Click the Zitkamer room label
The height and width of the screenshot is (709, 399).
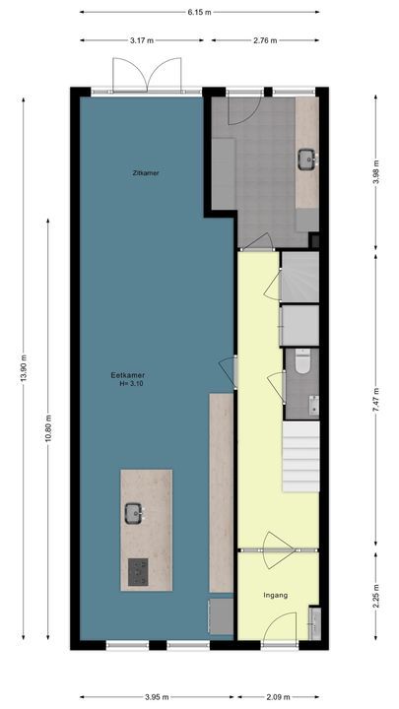(x=146, y=172)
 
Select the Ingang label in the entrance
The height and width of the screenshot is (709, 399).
(x=275, y=596)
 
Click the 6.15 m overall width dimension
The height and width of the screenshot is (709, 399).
(x=201, y=13)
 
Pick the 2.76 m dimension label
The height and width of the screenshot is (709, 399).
(x=266, y=40)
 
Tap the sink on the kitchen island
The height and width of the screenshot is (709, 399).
(x=133, y=512)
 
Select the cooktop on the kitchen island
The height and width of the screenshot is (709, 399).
(x=139, y=569)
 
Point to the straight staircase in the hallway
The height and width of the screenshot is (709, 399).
(x=301, y=457)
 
